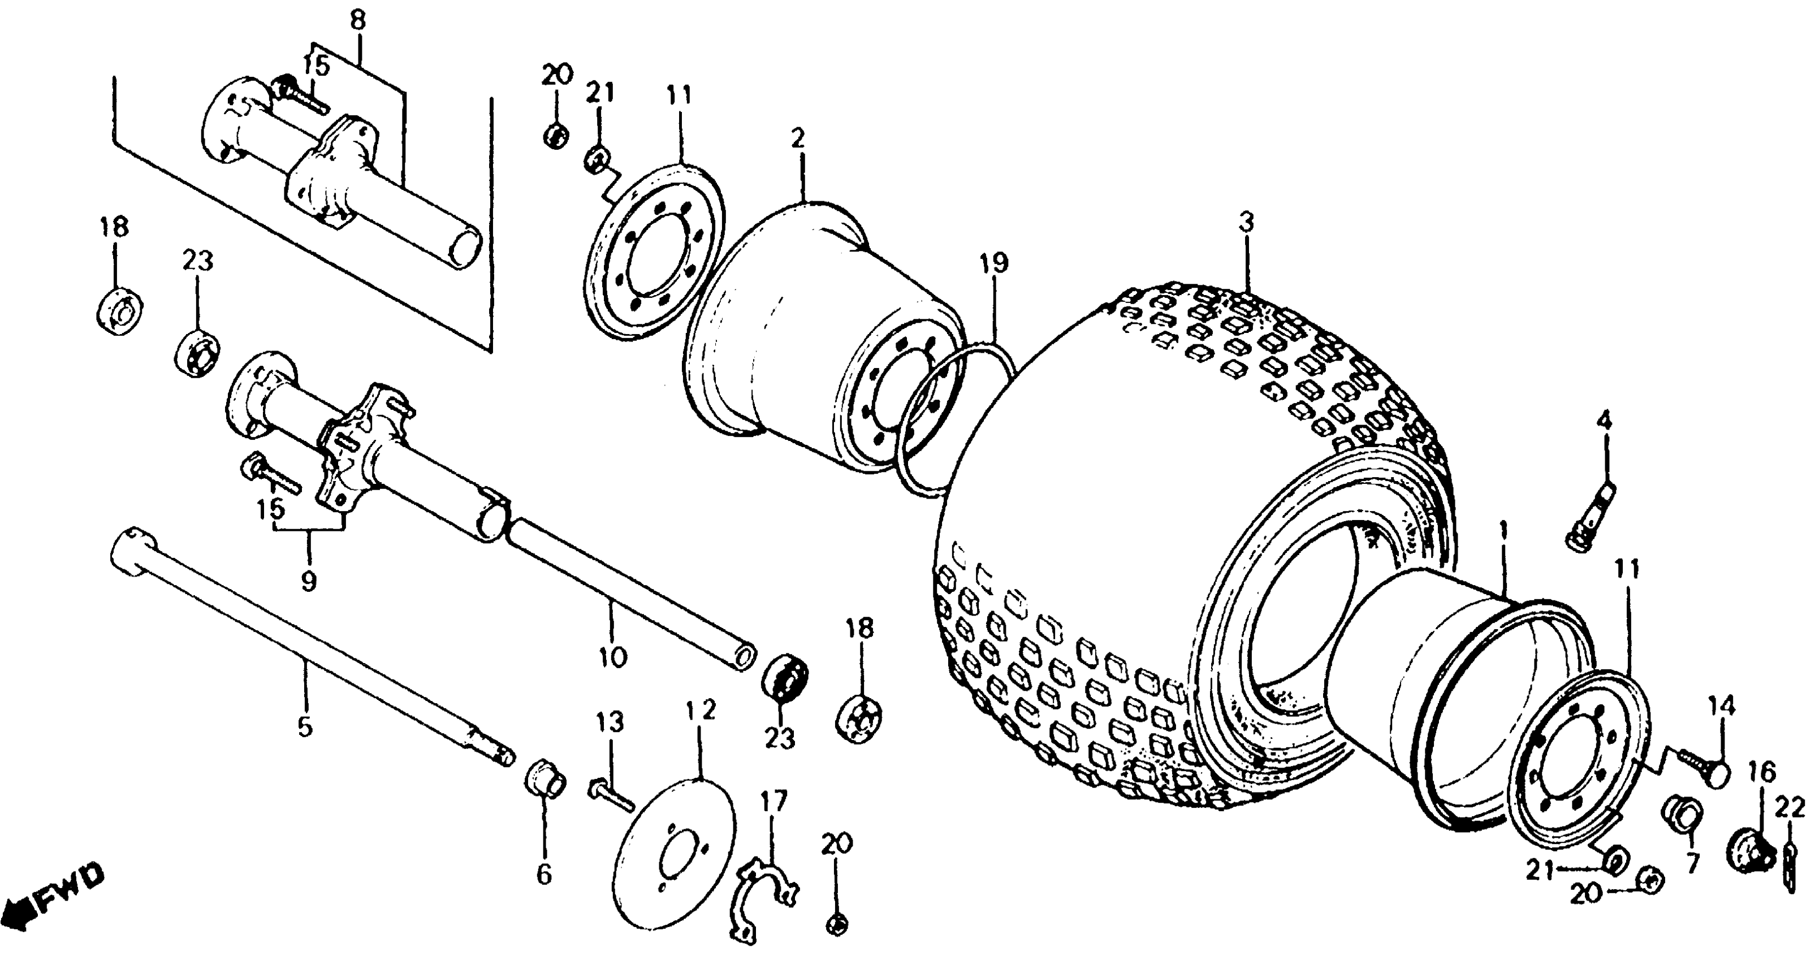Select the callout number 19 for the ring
point(993,263)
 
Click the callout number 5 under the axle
point(304,726)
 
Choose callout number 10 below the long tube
point(613,657)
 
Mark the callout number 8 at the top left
point(358,20)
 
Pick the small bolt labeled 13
point(609,795)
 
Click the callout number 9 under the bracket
point(308,581)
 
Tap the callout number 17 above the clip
point(773,802)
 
